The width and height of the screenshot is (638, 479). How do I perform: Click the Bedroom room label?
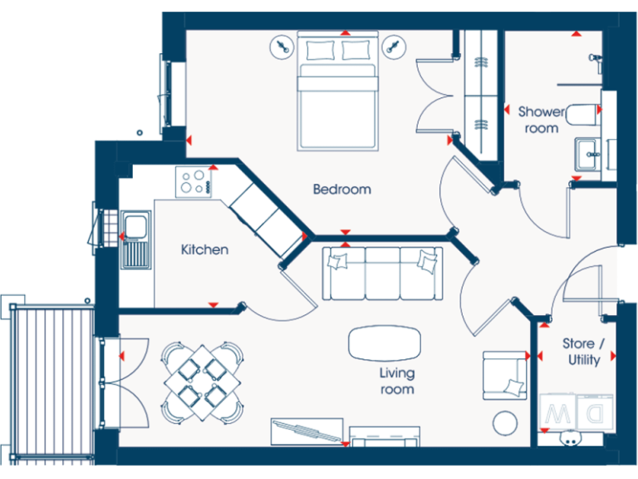click(x=341, y=190)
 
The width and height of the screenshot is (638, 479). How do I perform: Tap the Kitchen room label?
click(x=204, y=249)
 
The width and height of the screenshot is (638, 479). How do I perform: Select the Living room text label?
click(x=397, y=381)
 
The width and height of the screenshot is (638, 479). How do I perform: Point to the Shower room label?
click(x=541, y=119)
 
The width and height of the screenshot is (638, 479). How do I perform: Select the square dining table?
click(x=204, y=381)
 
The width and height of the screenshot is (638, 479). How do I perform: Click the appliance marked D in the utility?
click(x=596, y=412)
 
